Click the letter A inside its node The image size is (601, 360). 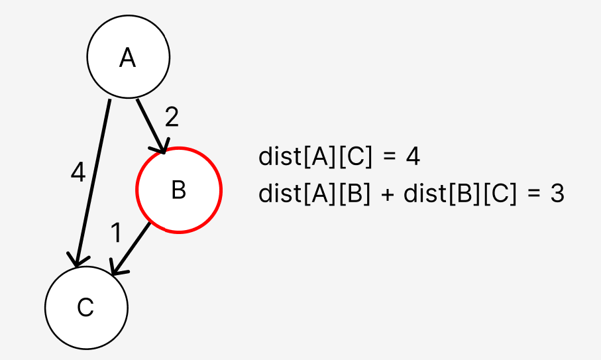click(127, 58)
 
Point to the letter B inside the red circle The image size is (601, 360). click(178, 191)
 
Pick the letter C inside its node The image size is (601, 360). click(85, 308)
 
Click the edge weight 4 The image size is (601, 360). click(78, 173)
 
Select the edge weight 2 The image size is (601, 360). click(172, 117)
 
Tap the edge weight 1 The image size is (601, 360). click(117, 233)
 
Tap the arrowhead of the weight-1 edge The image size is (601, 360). click(116, 270)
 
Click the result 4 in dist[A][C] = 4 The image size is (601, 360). click(412, 158)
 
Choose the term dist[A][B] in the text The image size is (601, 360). click(315, 194)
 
